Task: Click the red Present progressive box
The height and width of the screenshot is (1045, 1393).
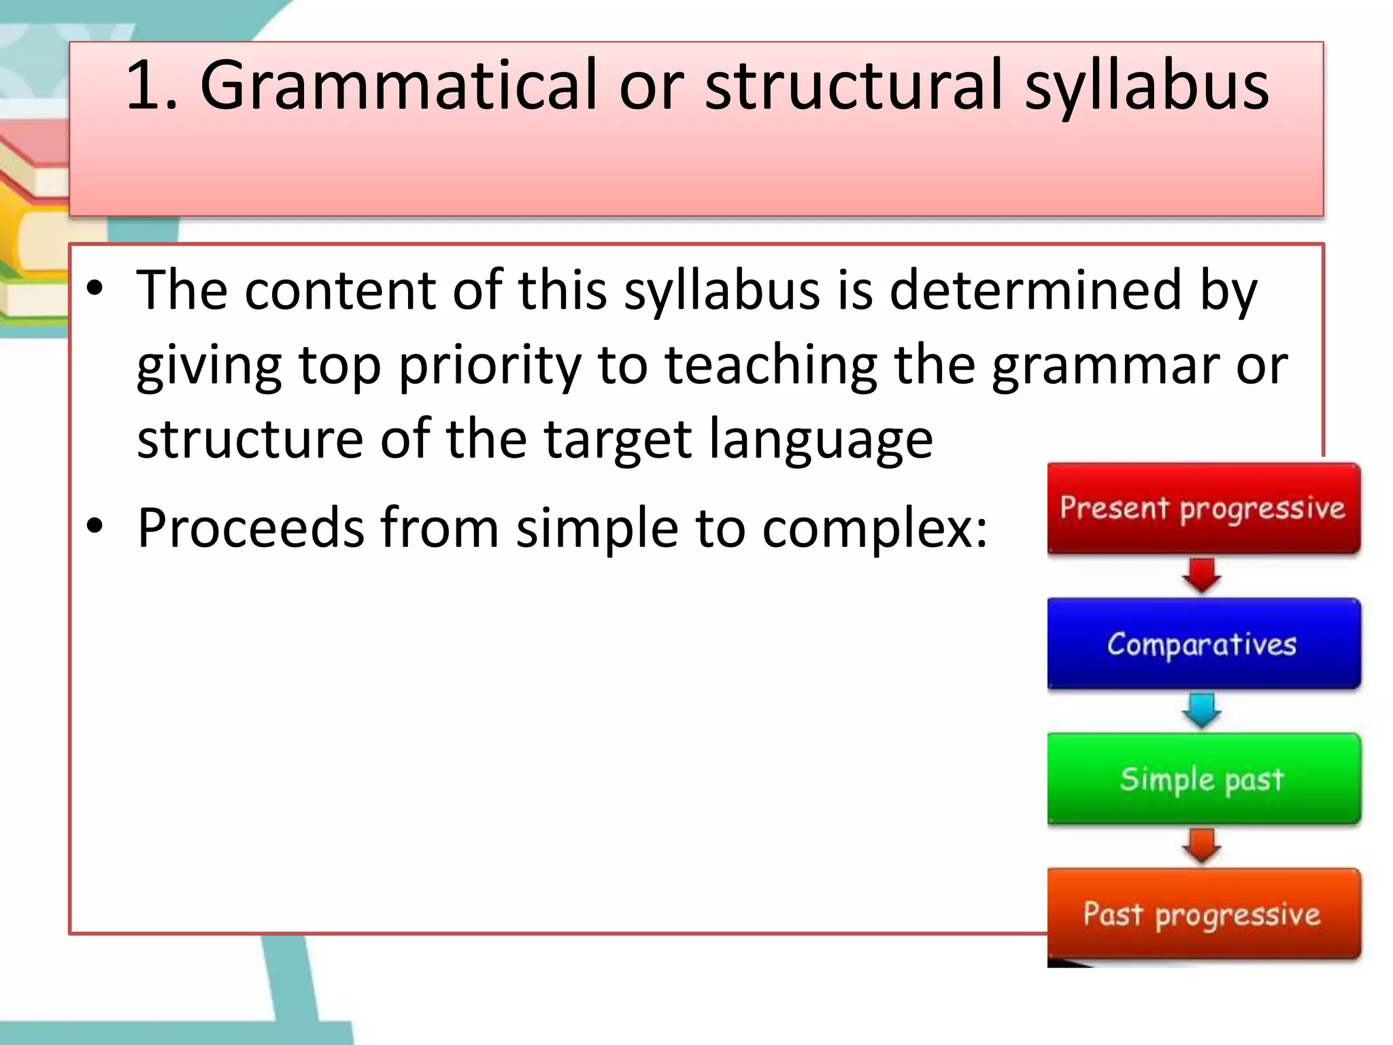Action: [1203, 508]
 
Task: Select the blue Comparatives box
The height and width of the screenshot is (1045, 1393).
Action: [1203, 643]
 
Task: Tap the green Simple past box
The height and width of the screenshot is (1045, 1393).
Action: [1203, 778]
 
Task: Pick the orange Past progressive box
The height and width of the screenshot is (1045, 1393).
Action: [1203, 913]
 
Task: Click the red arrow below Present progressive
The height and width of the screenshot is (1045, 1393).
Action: [1202, 576]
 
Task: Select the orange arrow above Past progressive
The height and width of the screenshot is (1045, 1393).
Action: [1202, 846]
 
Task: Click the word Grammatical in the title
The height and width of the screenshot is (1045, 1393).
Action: [398, 86]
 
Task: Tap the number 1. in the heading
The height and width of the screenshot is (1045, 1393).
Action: [151, 86]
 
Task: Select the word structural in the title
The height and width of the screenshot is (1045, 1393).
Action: [854, 86]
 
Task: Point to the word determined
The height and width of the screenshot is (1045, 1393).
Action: [1035, 290]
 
